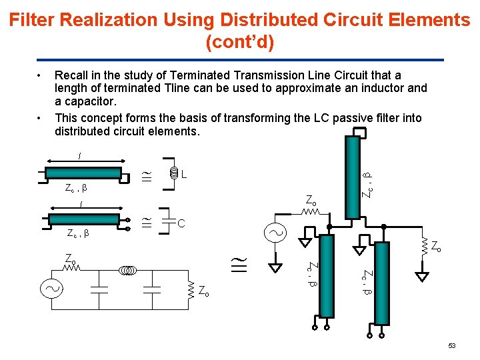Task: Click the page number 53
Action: click(x=452, y=345)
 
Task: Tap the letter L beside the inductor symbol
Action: click(x=183, y=175)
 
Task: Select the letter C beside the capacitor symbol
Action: click(x=181, y=223)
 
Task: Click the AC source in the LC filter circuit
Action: click(x=51, y=289)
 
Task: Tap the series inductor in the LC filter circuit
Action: click(x=128, y=270)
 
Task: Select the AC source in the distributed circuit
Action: click(x=275, y=233)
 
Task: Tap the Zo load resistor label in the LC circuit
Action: click(x=203, y=291)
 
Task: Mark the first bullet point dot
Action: click(x=41, y=75)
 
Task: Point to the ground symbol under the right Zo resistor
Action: click(x=421, y=275)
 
